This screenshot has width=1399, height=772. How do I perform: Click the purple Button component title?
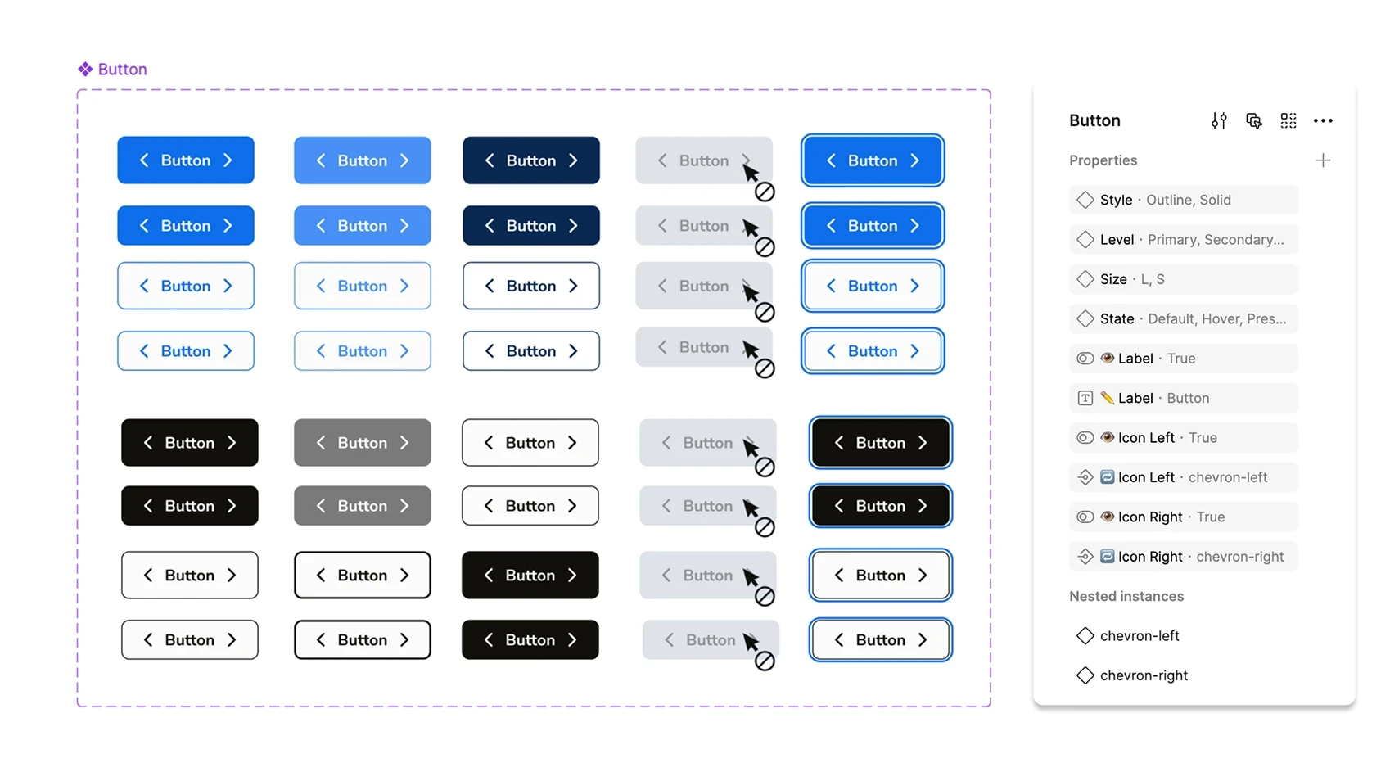123,70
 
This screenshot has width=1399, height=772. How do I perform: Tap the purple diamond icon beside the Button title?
86,70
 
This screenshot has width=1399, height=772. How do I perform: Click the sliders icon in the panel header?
1219,120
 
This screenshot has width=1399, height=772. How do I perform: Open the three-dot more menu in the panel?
1323,120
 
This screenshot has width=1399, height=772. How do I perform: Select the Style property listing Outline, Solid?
1184,200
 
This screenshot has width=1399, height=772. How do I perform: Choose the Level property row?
1184,239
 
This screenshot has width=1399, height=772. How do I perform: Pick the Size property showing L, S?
1184,279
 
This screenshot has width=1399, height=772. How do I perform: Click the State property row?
1184,318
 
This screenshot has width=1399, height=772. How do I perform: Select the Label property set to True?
1184,359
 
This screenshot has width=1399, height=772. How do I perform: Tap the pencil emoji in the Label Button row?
1108,398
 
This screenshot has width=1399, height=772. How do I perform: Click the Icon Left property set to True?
1184,438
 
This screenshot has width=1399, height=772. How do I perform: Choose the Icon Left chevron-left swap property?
1184,477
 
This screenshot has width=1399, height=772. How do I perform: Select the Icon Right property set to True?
1184,517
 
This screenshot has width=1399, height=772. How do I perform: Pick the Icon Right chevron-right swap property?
1184,557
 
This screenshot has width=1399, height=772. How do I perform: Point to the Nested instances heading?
1126,597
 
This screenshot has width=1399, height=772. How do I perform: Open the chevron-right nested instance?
1131,675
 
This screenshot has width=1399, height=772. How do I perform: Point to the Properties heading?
1103,160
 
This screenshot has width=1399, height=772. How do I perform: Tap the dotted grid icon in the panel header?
1288,120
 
